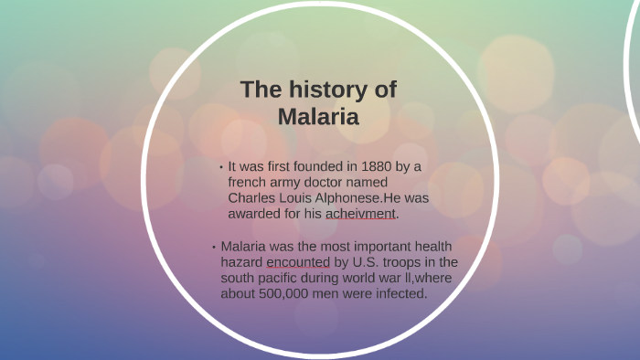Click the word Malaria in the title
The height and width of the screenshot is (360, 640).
(318, 117)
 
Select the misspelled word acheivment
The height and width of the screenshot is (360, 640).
(361, 213)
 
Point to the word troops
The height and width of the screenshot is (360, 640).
(397, 262)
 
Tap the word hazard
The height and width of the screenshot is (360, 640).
(241, 262)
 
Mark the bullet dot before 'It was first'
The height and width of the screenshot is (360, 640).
(221, 167)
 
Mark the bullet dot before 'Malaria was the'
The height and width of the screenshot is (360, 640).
(214, 248)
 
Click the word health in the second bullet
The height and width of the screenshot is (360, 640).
(433, 247)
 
